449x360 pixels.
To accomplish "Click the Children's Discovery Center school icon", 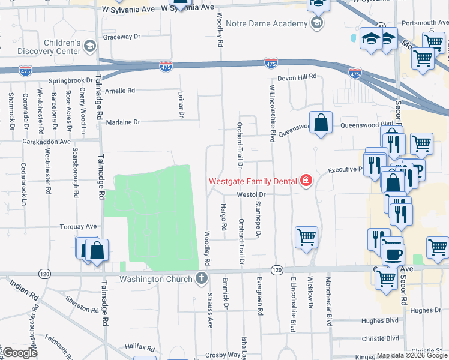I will click(x=89, y=46).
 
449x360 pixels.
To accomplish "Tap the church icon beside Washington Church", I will click(x=201, y=279).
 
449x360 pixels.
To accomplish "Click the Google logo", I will click(x=20, y=353).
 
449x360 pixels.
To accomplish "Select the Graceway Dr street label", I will click(x=121, y=37).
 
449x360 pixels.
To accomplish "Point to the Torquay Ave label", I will click(x=78, y=227).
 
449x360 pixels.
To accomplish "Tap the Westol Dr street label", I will click(x=251, y=194).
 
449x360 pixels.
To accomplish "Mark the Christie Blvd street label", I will click(x=381, y=338).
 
